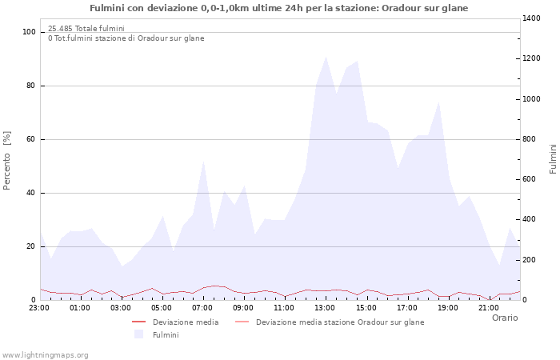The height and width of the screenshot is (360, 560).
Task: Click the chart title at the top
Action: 279,8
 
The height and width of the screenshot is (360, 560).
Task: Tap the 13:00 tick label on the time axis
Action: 325,306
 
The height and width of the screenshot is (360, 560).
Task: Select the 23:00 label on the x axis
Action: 39,306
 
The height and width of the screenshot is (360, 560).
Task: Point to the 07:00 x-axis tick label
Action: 202,306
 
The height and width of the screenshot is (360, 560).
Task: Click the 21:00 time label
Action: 489,306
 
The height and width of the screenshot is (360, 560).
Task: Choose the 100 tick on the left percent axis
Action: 30,32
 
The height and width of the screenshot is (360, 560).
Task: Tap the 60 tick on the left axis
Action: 31,139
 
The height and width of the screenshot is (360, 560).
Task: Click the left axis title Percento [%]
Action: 7,160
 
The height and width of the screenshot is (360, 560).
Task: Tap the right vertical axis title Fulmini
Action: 553,158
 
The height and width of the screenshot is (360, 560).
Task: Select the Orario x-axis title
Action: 505,318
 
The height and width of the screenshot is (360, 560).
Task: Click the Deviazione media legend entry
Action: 186,322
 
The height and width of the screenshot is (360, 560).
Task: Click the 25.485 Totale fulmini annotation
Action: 86,29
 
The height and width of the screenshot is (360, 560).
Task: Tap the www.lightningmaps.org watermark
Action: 46,354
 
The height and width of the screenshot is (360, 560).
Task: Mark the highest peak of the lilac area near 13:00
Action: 326,57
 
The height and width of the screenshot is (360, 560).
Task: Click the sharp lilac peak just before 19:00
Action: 438,102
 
